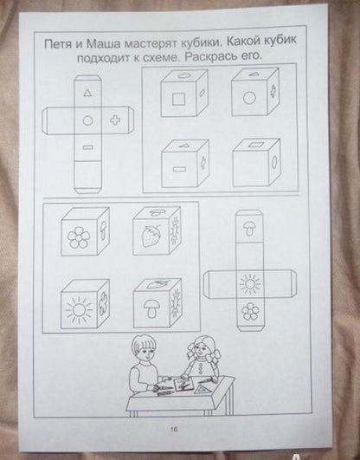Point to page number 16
pyautogui.click(x=174, y=430)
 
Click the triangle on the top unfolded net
pyautogui.click(x=87, y=93)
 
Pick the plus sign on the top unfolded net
pyautogui.click(x=115, y=120)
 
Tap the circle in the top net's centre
pyautogui.click(x=87, y=120)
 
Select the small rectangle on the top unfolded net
pyautogui.click(x=87, y=147)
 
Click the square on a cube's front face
pyautogui.click(x=178, y=99)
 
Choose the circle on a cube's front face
pyautogui.click(x=249, y=98)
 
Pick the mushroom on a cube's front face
pyautogui.click(x=151, y=308)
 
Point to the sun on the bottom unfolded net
pyautogui.click(x=250, y=284)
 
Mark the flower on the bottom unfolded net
pyautogui.click(x=250, y=311)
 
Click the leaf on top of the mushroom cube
pyautogui.click(x=156, y=284)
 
